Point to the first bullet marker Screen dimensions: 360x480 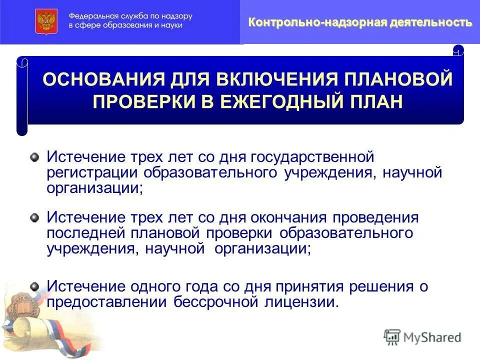click(34, 157)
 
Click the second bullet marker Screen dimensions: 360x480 click(34, 217)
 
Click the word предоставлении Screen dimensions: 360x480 click(107, 302)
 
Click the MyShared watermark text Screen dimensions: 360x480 click(432, 337)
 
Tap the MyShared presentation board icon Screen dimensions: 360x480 click(392, 336)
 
